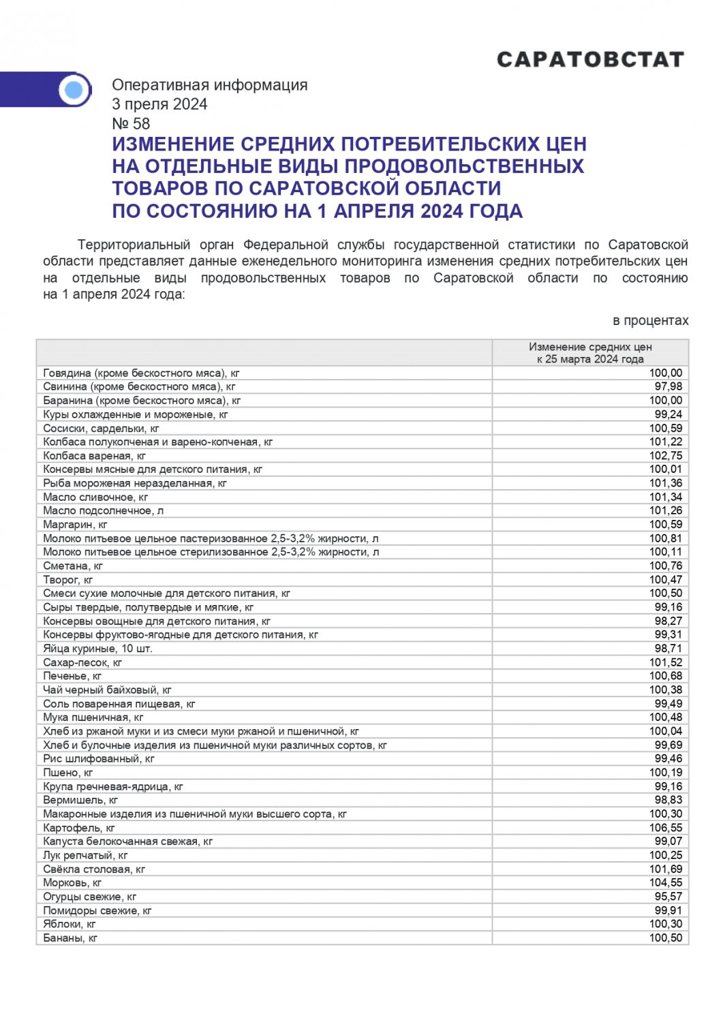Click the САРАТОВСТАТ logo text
click(x=590, y=60)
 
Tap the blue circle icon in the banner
click(x=74, y=90)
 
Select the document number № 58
click(x=131, y=124)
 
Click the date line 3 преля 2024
click(x=159, y=104)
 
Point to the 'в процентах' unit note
click(x=651, y=321)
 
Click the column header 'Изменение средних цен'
click(x=590, y=347)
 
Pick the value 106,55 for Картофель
click(x=666, y=828)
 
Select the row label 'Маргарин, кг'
click(x=75, y=525)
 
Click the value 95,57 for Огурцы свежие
click(x=668, y=897)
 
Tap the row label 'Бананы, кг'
click(x=70, y=938)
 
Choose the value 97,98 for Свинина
click(x=668, y=387)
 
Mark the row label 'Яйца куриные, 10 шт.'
click(x=97, y=649)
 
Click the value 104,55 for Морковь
click(x=666, y=883)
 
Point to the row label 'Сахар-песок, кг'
click(x=82, y=662)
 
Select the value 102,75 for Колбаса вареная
click(x=666, y=456)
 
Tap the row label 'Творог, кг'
click(x=67, y=580)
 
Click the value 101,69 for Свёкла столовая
click(x=666, y=869)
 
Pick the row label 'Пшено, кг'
click(x=67, y=773)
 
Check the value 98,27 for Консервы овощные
click(x=668, y=621)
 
